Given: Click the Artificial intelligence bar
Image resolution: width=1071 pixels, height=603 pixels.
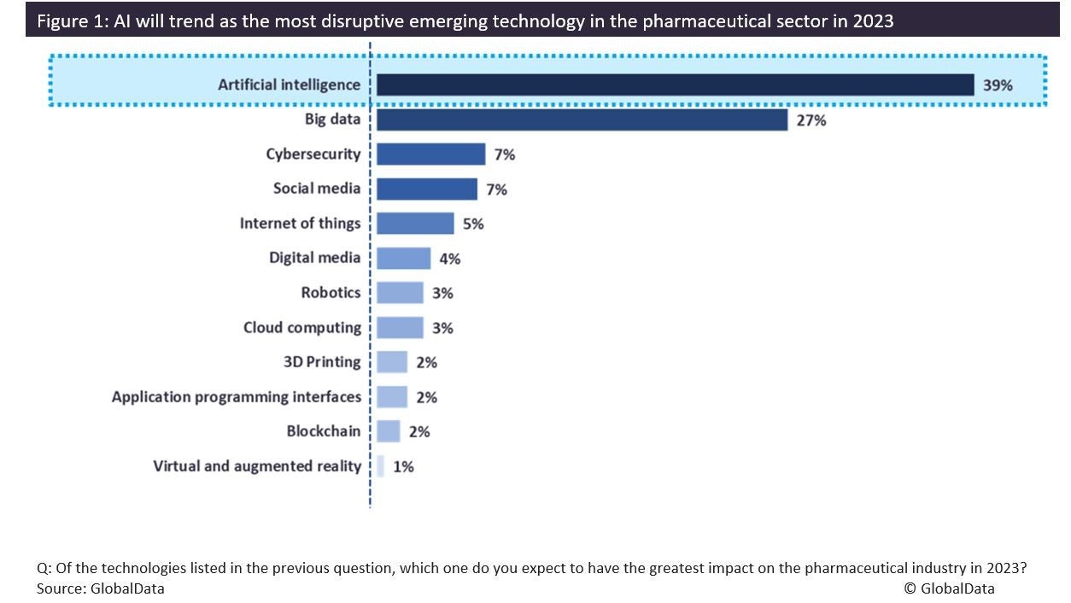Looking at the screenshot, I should click(x=675, y=85).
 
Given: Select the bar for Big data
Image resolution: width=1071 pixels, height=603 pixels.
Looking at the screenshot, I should click(x=582, y=120).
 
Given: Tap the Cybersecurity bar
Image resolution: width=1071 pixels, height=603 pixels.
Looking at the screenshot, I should click(x=430, y=155).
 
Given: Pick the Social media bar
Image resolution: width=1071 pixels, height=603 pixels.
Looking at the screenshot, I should click(x=426, y=189).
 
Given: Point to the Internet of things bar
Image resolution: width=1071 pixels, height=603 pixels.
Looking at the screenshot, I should click(x=415, y=224).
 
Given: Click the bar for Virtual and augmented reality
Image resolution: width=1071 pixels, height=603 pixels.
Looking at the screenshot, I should click(x=380, y=466).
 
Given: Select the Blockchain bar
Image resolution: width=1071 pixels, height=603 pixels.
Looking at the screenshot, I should click(x=388, y=431).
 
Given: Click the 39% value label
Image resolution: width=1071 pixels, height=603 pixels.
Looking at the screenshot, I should click(x=998, y=85).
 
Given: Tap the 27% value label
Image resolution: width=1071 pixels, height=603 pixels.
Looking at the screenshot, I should click(x=811, y=120).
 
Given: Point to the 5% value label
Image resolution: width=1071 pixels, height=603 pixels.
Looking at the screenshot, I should click(x=473, y=224).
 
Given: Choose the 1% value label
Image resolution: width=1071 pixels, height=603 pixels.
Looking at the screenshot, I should click(x=403, y=466).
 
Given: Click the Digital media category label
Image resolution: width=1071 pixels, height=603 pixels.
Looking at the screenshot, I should click(x=314, y=257).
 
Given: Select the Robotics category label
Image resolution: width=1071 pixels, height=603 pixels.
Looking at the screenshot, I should click(x=331, y=292).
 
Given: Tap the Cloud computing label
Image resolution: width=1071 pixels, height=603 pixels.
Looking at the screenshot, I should click(x=301, y=327).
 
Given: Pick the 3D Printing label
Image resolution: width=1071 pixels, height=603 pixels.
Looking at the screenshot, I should click(x=322, y=362).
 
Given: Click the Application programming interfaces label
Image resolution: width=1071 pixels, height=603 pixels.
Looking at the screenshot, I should click(x=236, y=397).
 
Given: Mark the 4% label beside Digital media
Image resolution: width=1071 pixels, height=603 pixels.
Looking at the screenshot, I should click(x=449, y=259).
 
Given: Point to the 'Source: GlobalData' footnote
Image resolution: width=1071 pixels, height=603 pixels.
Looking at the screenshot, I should click(x=100, y=588).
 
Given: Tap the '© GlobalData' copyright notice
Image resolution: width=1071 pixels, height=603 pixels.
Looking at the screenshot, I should click(x=949, y=588).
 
